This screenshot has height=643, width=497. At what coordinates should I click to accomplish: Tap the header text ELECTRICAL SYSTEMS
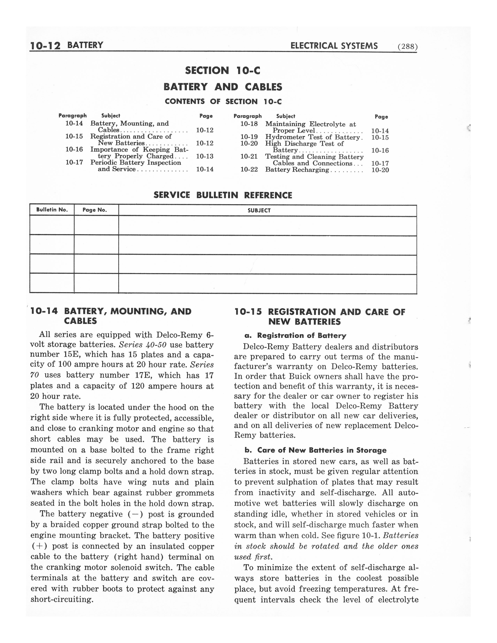(x=334, y=46)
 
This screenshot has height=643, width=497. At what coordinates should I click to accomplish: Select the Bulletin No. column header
(x=52, y=210)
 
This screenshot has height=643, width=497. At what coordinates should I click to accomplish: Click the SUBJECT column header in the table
(x=259, y=210)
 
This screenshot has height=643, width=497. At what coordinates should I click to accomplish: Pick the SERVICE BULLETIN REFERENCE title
(x=223, y=195)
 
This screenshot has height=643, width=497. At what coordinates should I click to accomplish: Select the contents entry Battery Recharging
(x=297, y=170)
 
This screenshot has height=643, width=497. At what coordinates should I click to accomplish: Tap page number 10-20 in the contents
(x=380, y=170)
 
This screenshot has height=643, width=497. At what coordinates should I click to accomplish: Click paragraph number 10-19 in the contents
(x=249, y=137)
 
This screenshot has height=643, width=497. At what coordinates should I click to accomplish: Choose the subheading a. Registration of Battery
(x=296, y=336)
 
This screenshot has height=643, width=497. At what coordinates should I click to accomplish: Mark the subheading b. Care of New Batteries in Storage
(x=316, y=450)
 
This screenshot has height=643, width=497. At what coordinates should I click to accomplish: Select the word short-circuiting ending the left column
(x=62, y=599)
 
